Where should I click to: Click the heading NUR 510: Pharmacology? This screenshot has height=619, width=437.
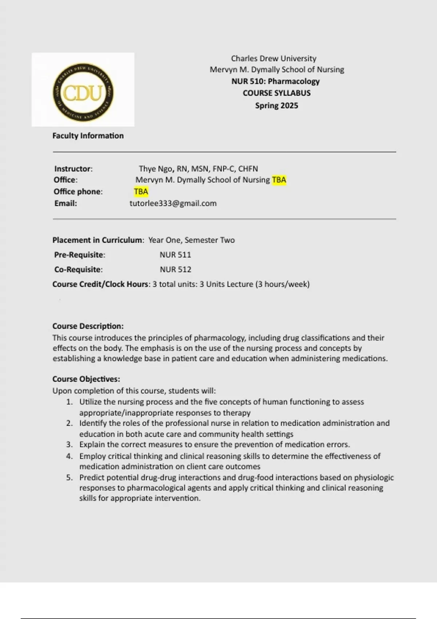[x=275, y=81]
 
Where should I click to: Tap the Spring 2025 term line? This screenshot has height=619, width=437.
[x=276, y=106]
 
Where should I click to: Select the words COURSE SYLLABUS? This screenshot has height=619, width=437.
[x=276, y=93]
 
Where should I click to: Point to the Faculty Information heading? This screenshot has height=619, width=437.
[x=88, y=136]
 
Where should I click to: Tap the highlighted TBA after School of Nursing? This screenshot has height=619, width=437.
[x=279, y=180]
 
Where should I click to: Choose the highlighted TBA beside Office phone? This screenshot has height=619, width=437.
[x=141, y=192]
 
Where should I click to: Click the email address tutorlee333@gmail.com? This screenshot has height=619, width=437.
[x=173, y=203]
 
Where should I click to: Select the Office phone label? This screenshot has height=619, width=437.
[x=78, y=192]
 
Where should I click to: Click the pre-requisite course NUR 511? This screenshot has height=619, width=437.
[x=175, y=255]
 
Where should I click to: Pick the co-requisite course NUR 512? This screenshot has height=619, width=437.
[x=176, y=269]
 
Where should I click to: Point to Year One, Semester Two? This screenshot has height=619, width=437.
[x=192, y=240]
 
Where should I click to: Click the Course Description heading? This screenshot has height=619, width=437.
[x=88, y=326]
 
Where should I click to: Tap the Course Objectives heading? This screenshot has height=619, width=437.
[x=86, y=379]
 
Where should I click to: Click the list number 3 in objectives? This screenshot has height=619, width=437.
[x=70, y=445]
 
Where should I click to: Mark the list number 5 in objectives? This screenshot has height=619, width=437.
[x=70, y=477]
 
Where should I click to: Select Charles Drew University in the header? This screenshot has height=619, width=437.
[x=273, y=59]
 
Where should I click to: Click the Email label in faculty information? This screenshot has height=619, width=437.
[x=66, y=203]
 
